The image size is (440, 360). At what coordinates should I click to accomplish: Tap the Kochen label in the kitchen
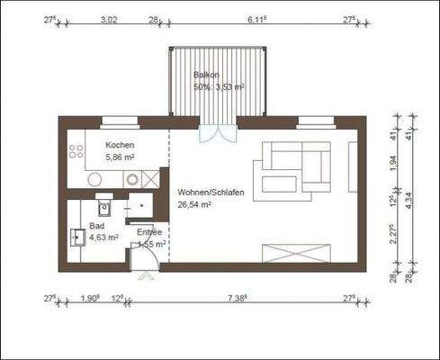coord(120,145)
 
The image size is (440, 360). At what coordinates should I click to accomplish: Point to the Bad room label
coord(96,226)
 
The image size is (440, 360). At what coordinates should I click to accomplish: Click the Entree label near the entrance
coord(149,232)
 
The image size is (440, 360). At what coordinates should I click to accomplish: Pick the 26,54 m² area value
coord(194,204)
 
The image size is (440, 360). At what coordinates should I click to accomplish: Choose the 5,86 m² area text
coord(121,157)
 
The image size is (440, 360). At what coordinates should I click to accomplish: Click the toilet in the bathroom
coord(103,209)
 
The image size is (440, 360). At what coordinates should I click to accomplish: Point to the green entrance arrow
coord(142,277)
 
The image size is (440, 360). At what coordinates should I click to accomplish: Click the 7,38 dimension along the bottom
coord(238,297)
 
